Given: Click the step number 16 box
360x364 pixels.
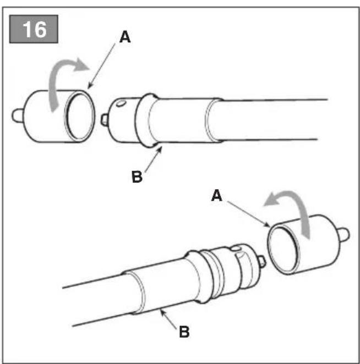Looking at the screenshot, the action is pos(34,29).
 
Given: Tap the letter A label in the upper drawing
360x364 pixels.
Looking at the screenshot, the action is pos(125,37).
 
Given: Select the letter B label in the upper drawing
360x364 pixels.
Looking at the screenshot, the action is pos(137,177).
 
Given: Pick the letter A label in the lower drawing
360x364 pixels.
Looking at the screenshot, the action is pos(216,195).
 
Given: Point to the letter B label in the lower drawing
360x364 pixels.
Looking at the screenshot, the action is pos(184,332).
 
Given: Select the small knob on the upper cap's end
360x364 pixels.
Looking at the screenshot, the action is pos(18,115).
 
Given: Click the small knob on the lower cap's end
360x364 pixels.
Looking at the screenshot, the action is pos(344,234).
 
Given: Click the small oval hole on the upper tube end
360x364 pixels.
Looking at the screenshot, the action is pos(121,103).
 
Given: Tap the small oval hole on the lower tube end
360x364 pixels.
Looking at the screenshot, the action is pos(236,249).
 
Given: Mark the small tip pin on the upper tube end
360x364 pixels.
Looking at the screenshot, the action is pos(104,120).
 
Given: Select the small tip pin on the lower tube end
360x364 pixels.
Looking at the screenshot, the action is pos(262,261).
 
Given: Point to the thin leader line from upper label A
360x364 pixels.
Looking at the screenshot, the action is pos(101,67).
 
